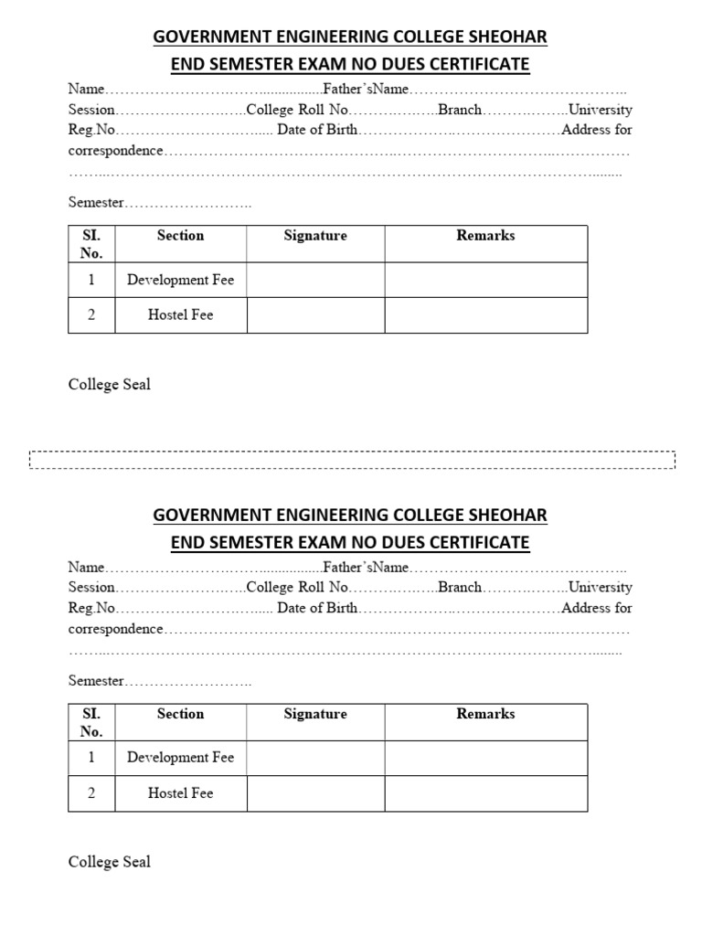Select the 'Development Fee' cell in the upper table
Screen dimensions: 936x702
coord(180,280)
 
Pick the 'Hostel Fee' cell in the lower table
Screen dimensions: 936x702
coord(180,793)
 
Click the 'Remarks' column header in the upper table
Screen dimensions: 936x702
coord(485,236)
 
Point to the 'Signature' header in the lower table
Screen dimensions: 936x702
coord(315,714)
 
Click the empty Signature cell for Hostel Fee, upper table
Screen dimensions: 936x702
coord(315,315)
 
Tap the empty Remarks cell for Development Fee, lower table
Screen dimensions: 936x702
coord(485,758)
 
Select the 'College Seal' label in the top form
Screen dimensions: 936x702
coord(110,385)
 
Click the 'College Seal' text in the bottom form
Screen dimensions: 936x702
coord(110,862)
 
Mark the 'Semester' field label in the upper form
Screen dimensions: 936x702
coord(96,203)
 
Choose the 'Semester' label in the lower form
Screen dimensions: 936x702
coord(96,681)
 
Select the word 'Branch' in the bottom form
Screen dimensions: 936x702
coord(459,588)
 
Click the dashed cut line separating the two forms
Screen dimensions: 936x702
coord(352,460)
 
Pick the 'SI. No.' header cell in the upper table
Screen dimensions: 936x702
coord(91,244)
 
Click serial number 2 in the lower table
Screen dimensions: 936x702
coord(91,793)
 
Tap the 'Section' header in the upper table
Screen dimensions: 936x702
coord(180,236)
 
